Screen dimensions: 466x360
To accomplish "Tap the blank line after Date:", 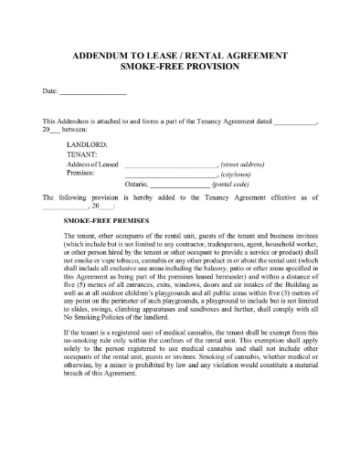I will pyautogui.click(x=93, y=93).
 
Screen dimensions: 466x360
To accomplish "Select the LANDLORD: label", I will pyautogui.click(x=88, y=143).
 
